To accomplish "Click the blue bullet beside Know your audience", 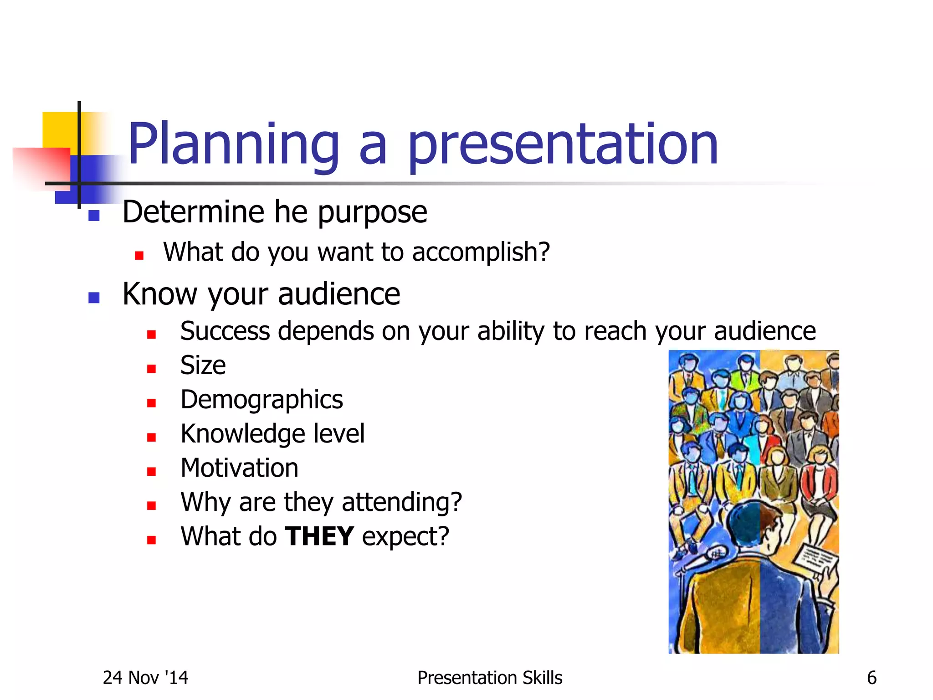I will tap(94, 298).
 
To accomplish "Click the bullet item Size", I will tap(203, 365).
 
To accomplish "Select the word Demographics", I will tap(261, 400).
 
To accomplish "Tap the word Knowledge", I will tap(243, 434).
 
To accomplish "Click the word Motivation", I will tap(239, 468).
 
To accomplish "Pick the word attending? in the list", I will tap(402, 502).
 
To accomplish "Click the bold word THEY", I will tap(319, 536).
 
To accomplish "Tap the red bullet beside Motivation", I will tap(152, 472).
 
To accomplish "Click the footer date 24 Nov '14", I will tap(145, 678).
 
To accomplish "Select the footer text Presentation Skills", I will tap(490, 678).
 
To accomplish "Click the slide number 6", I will tap(871, 678).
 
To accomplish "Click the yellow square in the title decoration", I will tap(59, 130).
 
